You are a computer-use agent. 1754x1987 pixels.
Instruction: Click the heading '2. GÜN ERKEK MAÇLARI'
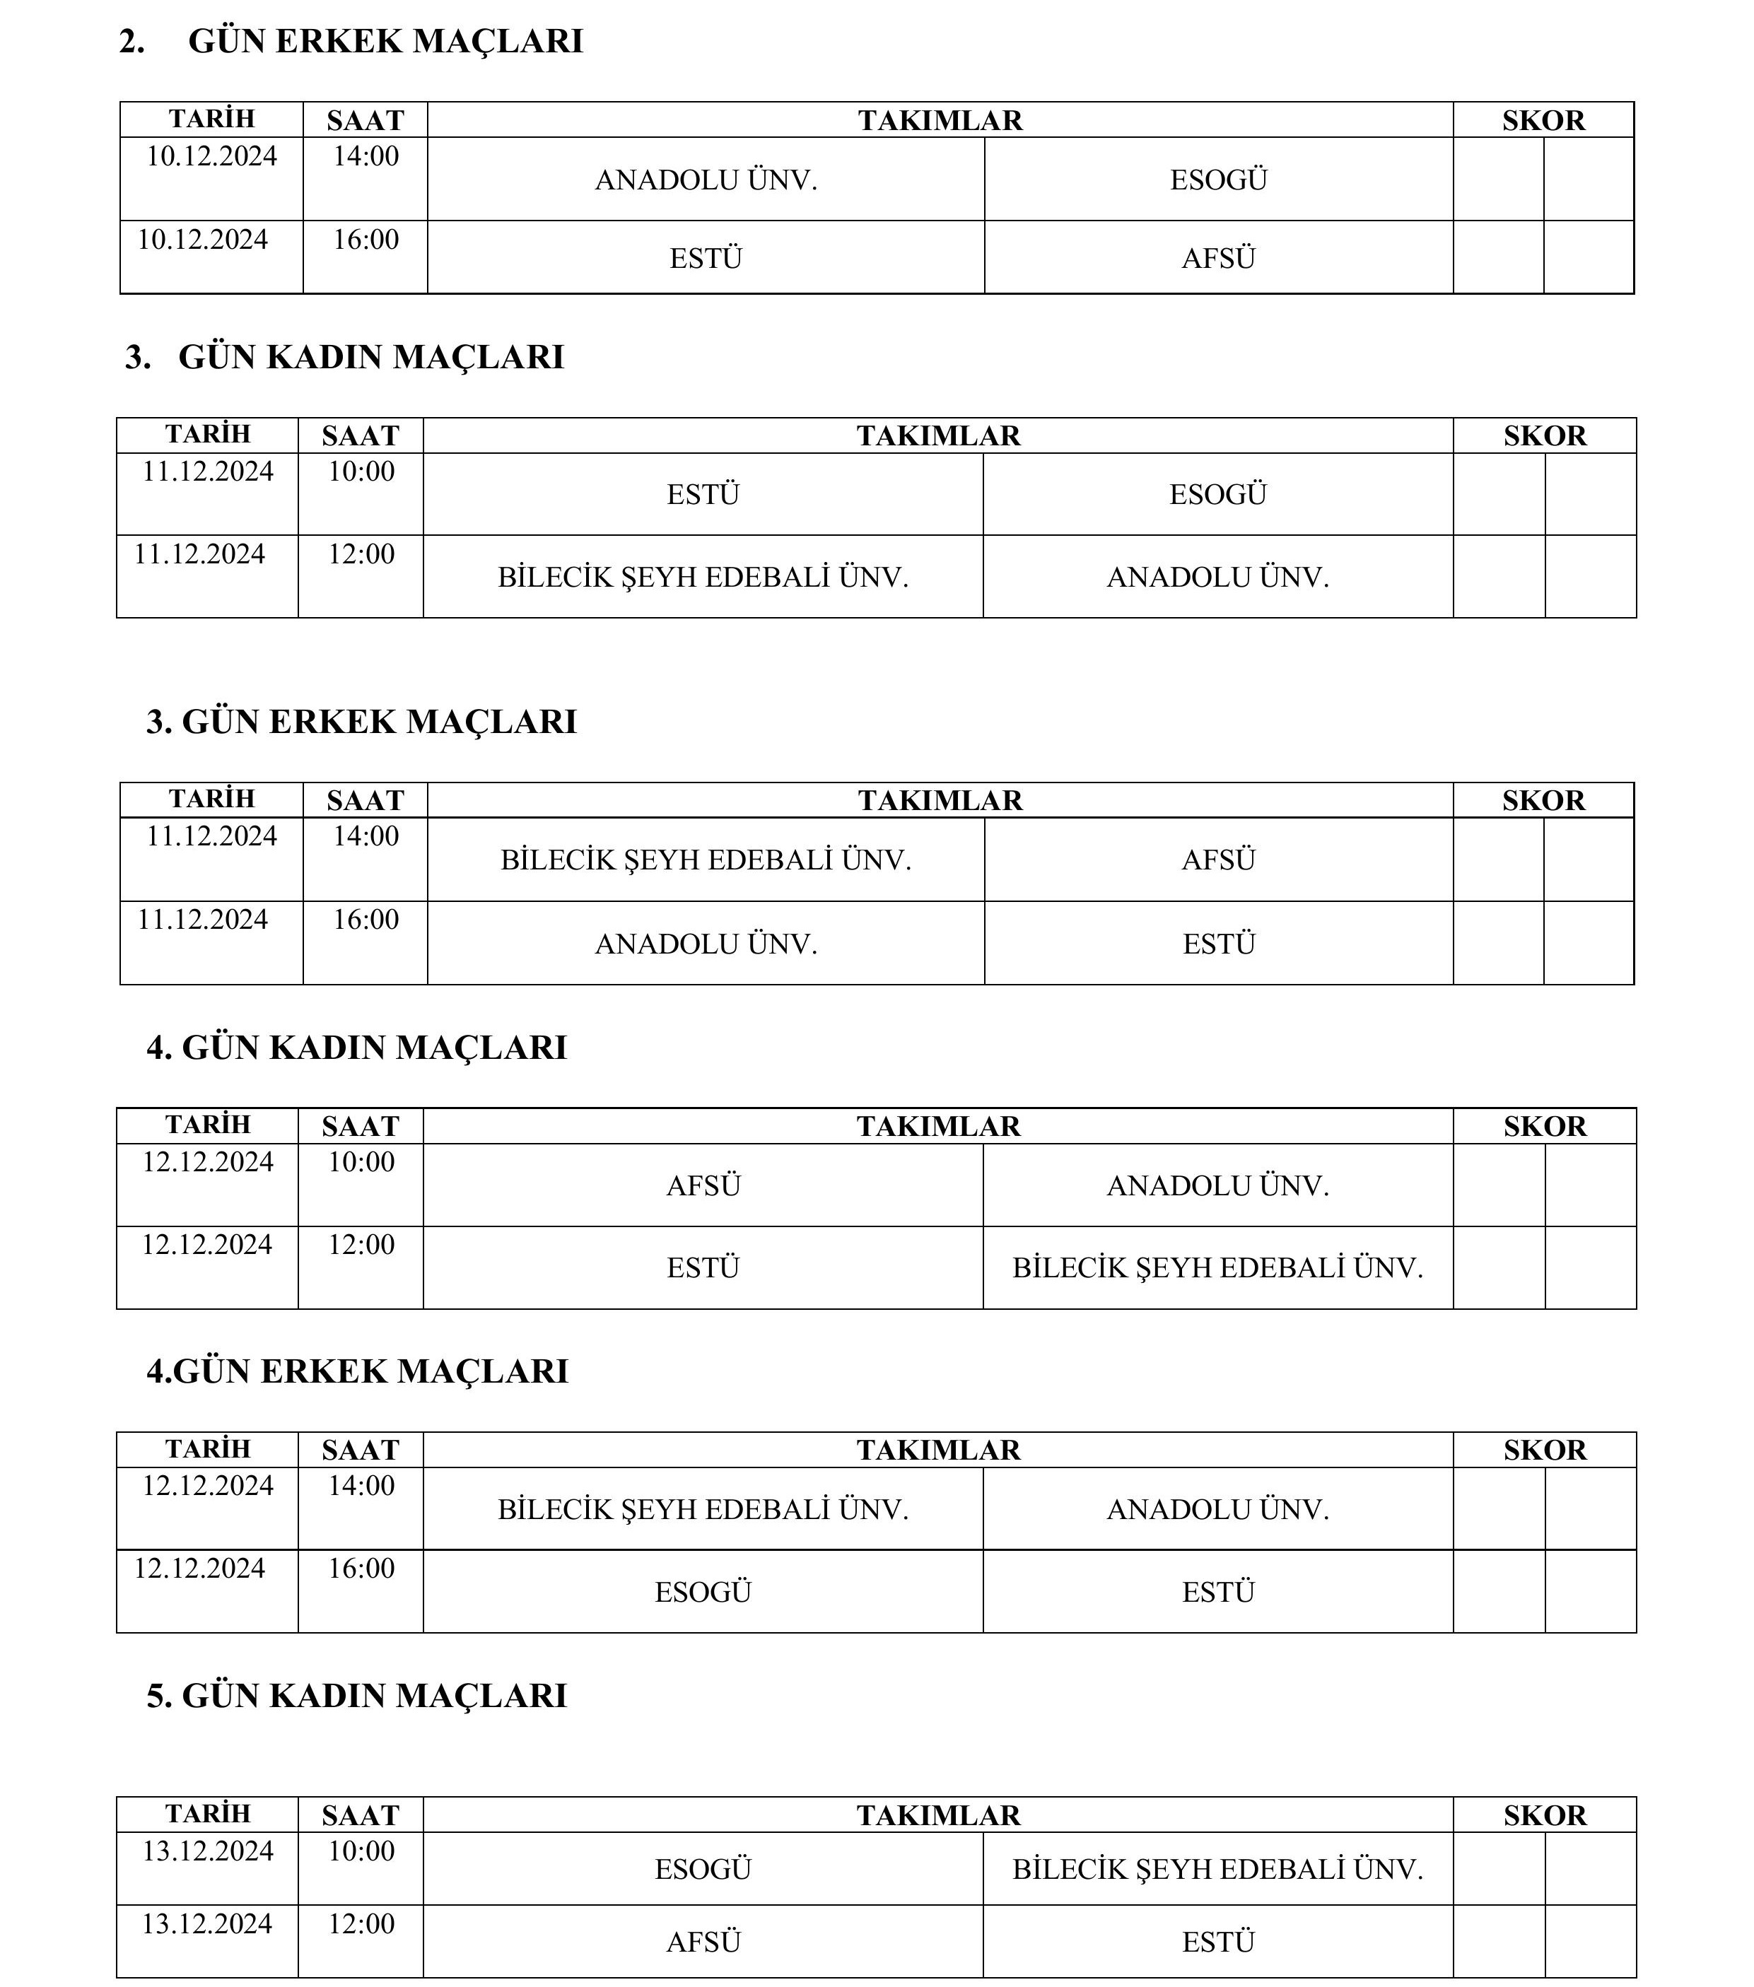tap(351, 41)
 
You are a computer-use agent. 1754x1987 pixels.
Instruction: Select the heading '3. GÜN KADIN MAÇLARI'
tap(344, 357)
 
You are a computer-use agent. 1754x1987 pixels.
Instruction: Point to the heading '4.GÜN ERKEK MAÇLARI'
tap(357, 1370)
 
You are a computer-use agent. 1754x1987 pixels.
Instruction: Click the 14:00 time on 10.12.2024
tap(366, 156)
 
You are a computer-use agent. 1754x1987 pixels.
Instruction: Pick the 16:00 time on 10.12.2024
tap(366, 239)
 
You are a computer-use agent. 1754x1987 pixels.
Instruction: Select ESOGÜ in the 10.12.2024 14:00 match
tap(1218, 180)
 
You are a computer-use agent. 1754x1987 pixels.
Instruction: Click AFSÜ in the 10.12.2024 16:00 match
tap(1218, 259)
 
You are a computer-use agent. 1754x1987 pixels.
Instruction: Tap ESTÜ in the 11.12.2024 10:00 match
tap(703, 495)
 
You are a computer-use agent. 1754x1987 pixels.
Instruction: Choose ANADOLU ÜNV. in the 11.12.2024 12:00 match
tap(1217, 578)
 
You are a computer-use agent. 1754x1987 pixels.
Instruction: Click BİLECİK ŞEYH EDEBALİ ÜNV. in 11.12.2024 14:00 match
tap(706, 860)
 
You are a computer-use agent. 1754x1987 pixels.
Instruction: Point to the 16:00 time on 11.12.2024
tap(366, 919)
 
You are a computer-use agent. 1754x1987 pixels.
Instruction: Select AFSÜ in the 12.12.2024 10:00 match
tap(703, 1186)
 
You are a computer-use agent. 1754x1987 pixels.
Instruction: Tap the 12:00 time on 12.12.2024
tap(361, 1244)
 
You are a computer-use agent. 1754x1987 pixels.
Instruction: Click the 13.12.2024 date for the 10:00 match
tap(208, 1850)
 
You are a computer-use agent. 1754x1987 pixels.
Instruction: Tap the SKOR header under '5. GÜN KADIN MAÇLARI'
tap(1544, 1815)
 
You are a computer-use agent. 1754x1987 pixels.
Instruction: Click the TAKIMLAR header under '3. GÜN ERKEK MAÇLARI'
tap(940, 800)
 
